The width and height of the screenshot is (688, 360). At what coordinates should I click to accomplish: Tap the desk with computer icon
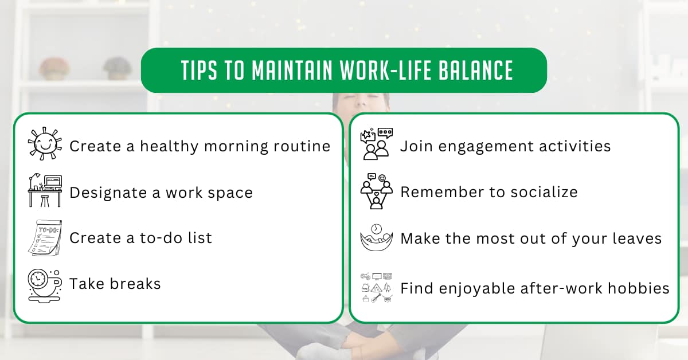pyautogui.click(x=45, y=191)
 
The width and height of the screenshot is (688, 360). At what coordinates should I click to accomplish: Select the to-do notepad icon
pyautogui.click(x=45, y=237)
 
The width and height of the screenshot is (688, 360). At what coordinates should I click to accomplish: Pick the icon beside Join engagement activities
pyautogui.click(x=376, y=144)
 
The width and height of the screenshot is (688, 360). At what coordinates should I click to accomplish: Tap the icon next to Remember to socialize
pyautogui.click(x=376, y=191)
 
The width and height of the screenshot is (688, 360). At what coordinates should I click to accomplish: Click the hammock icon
pyautogui.click(x=376, y=237)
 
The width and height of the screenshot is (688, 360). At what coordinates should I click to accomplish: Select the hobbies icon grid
pyautogui.click(x=376, y=287)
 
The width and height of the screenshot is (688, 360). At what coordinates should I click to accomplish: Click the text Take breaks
pyautogui.click(x=115, y=284)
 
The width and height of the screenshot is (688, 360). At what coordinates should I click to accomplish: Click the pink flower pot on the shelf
pyautogui.click(x=54, y=68)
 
